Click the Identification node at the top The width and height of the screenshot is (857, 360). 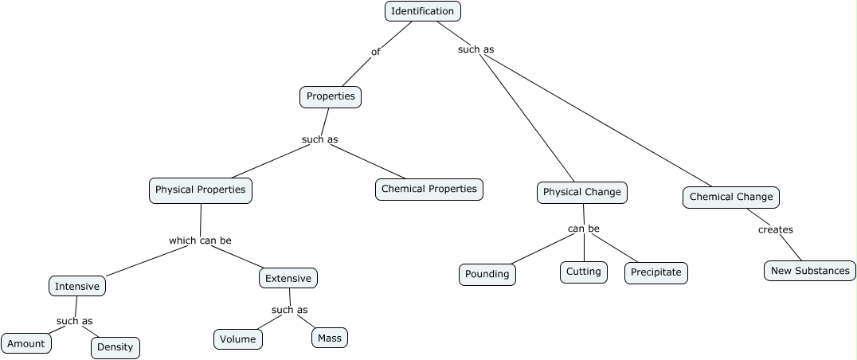point(423,11)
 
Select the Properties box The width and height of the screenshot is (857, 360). point(331,96)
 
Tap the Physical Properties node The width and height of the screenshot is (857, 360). point(201,190)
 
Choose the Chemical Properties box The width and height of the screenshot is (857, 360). point(429,189)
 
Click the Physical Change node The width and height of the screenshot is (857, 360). point(582,192)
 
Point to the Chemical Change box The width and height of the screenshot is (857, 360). point(731,197)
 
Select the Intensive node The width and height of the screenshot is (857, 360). point(77,286)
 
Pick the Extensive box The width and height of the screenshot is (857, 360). point(288,278)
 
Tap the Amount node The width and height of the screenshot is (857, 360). point(26,343)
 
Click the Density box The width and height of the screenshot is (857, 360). point(115,347)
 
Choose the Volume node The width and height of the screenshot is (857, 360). point(238,338)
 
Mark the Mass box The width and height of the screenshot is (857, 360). point(329,338)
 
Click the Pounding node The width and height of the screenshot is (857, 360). point(487,274)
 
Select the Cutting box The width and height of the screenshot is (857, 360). point(584,272)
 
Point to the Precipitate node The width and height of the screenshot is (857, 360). point(656,272)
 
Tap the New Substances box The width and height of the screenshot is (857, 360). point(810,270)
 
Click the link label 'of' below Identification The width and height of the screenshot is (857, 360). point(376,52)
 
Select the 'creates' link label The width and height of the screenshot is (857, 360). point(775,229)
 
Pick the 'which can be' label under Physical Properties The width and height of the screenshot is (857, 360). point(200,240)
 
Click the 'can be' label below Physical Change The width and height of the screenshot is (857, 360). point(584,229)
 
